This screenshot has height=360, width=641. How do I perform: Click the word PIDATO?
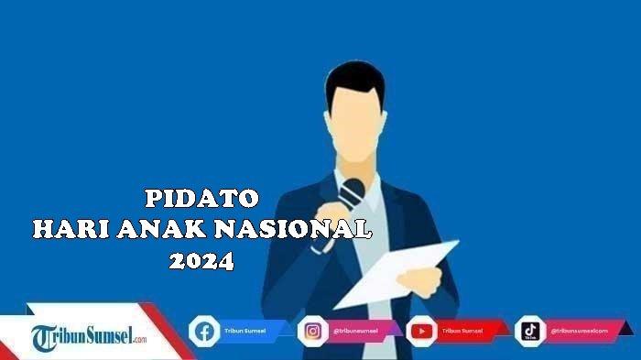coord(202,198)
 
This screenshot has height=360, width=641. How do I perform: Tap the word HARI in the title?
coord(67,230)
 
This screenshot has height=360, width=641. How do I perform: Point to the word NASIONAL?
coord(294,230)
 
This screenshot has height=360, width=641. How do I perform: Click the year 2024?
coord(201,261)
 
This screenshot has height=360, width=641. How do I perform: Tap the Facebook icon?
coord(203,330)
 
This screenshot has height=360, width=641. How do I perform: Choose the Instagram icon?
coord(313,330)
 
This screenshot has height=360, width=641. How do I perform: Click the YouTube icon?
coord(421,330)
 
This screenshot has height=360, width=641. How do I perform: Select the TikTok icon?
coord(530,330)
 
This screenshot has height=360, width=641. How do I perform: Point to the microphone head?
coord(353,191)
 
